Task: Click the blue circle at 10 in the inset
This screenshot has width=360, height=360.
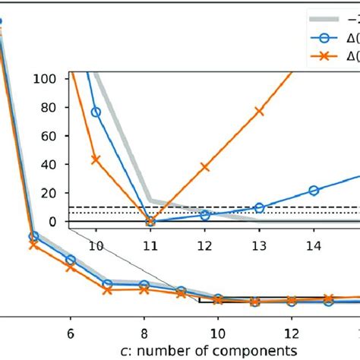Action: pos(96,112)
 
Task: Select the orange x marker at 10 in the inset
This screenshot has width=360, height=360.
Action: pos(96,159)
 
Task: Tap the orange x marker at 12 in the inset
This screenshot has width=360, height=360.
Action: pos(204,166)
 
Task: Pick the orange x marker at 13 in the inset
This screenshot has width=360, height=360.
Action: pos(259,111)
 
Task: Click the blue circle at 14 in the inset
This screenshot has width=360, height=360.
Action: pos(314,190)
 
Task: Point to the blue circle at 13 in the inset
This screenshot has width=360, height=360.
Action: pos(259,207)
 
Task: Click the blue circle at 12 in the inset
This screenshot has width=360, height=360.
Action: pos(204,215)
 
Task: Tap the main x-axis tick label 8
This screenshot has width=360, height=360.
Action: pos(144,332)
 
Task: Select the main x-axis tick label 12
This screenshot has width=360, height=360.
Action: pos(292,332)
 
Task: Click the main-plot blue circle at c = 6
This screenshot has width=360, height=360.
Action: pos(71,260)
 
